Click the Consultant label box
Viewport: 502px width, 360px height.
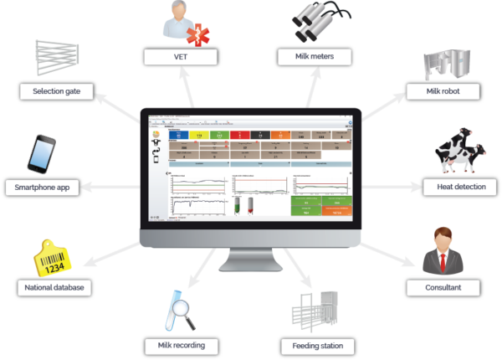pyautogui.click(x=445, y=287)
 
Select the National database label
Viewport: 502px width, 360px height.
pyautogui.click(x=52, y=288)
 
